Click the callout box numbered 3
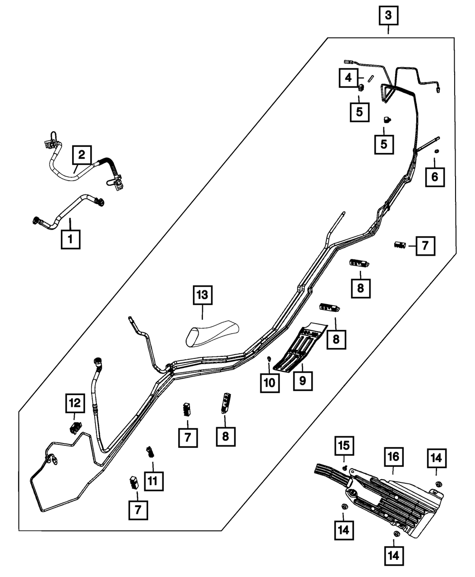(x=389, y=16)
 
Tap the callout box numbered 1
(x=70, y=240)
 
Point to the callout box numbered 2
(x=82, y=154)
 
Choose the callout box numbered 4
(x=348, y=77)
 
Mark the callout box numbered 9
(x=303, y=381)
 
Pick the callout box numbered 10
(x=270, y=383)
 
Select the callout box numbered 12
(x=76, y=404)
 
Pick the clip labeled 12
(x=74, y=427)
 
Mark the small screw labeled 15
(x=345, y=468)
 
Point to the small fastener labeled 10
(x=269, y=358)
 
